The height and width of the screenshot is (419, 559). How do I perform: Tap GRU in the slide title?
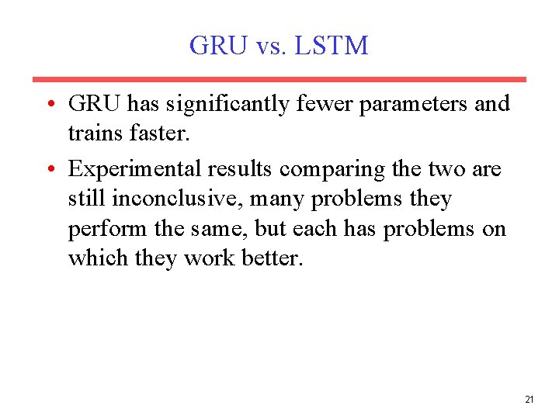tap(217, 46)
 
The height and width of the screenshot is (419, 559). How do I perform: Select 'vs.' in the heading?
tap(271, 47)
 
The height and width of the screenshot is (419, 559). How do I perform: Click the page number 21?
tap(529, 400)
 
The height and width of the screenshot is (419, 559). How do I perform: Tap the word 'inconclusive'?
tap(179, 199)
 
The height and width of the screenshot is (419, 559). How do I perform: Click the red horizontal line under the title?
tap(279, 79)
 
